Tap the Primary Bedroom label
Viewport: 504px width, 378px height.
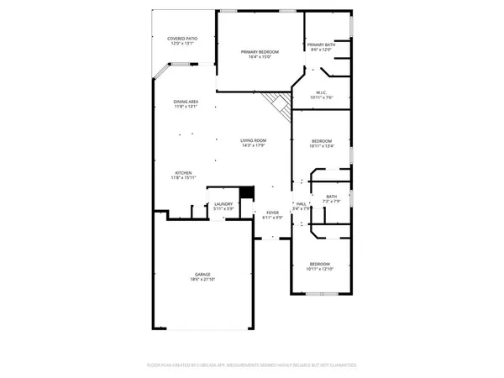tap(259, 52)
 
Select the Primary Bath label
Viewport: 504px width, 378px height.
tap(321, 45)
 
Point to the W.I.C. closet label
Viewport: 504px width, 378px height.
tap(321, 92)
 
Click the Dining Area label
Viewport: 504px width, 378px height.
tap(186, 102)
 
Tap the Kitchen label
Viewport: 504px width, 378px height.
tap(183, 173)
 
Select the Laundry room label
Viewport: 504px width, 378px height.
tap(223, 204)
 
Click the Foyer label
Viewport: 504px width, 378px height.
tap(272, 213)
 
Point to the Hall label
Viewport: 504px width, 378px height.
tap(301, 204)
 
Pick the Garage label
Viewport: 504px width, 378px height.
tap(202, 274)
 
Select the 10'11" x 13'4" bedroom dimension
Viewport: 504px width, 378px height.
tap(322, 146)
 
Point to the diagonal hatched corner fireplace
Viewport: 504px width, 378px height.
tap(275, 105)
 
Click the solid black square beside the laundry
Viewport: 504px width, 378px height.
tap(246, 193)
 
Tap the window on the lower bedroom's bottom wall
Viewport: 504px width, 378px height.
tap(320, 294)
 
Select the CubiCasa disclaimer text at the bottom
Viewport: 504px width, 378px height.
tap(252, 366)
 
